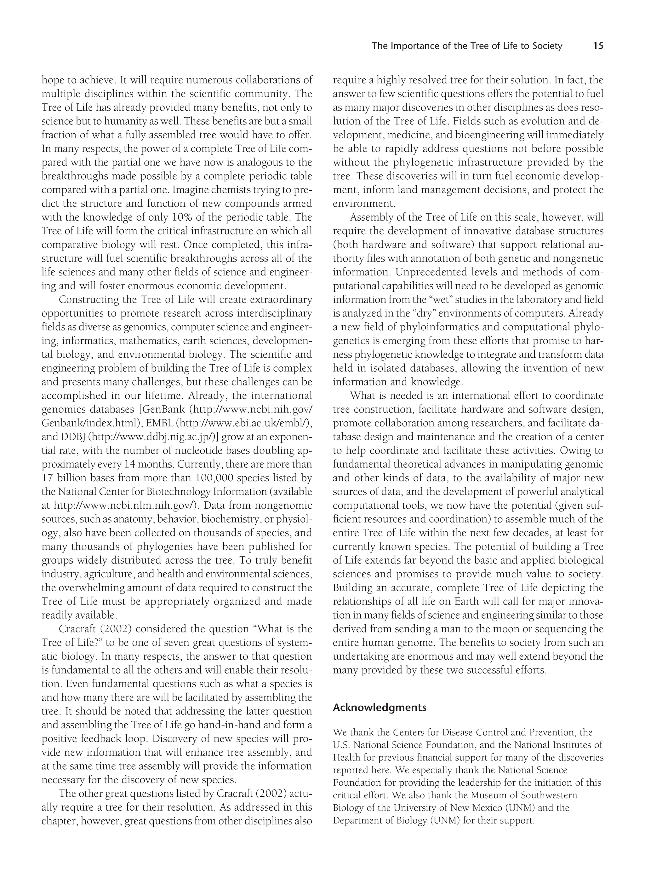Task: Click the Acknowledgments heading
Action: click(x=379, y=707)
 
